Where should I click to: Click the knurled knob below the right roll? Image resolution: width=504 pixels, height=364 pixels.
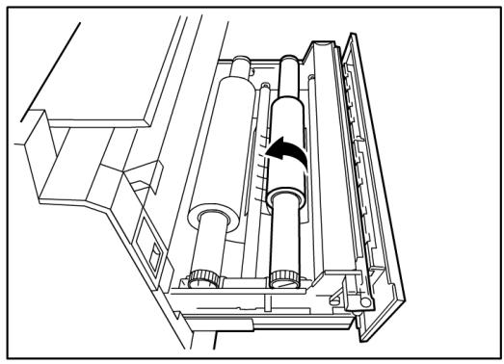tap(283, 279)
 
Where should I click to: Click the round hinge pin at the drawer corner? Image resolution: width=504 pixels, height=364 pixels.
tap(363, 301)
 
